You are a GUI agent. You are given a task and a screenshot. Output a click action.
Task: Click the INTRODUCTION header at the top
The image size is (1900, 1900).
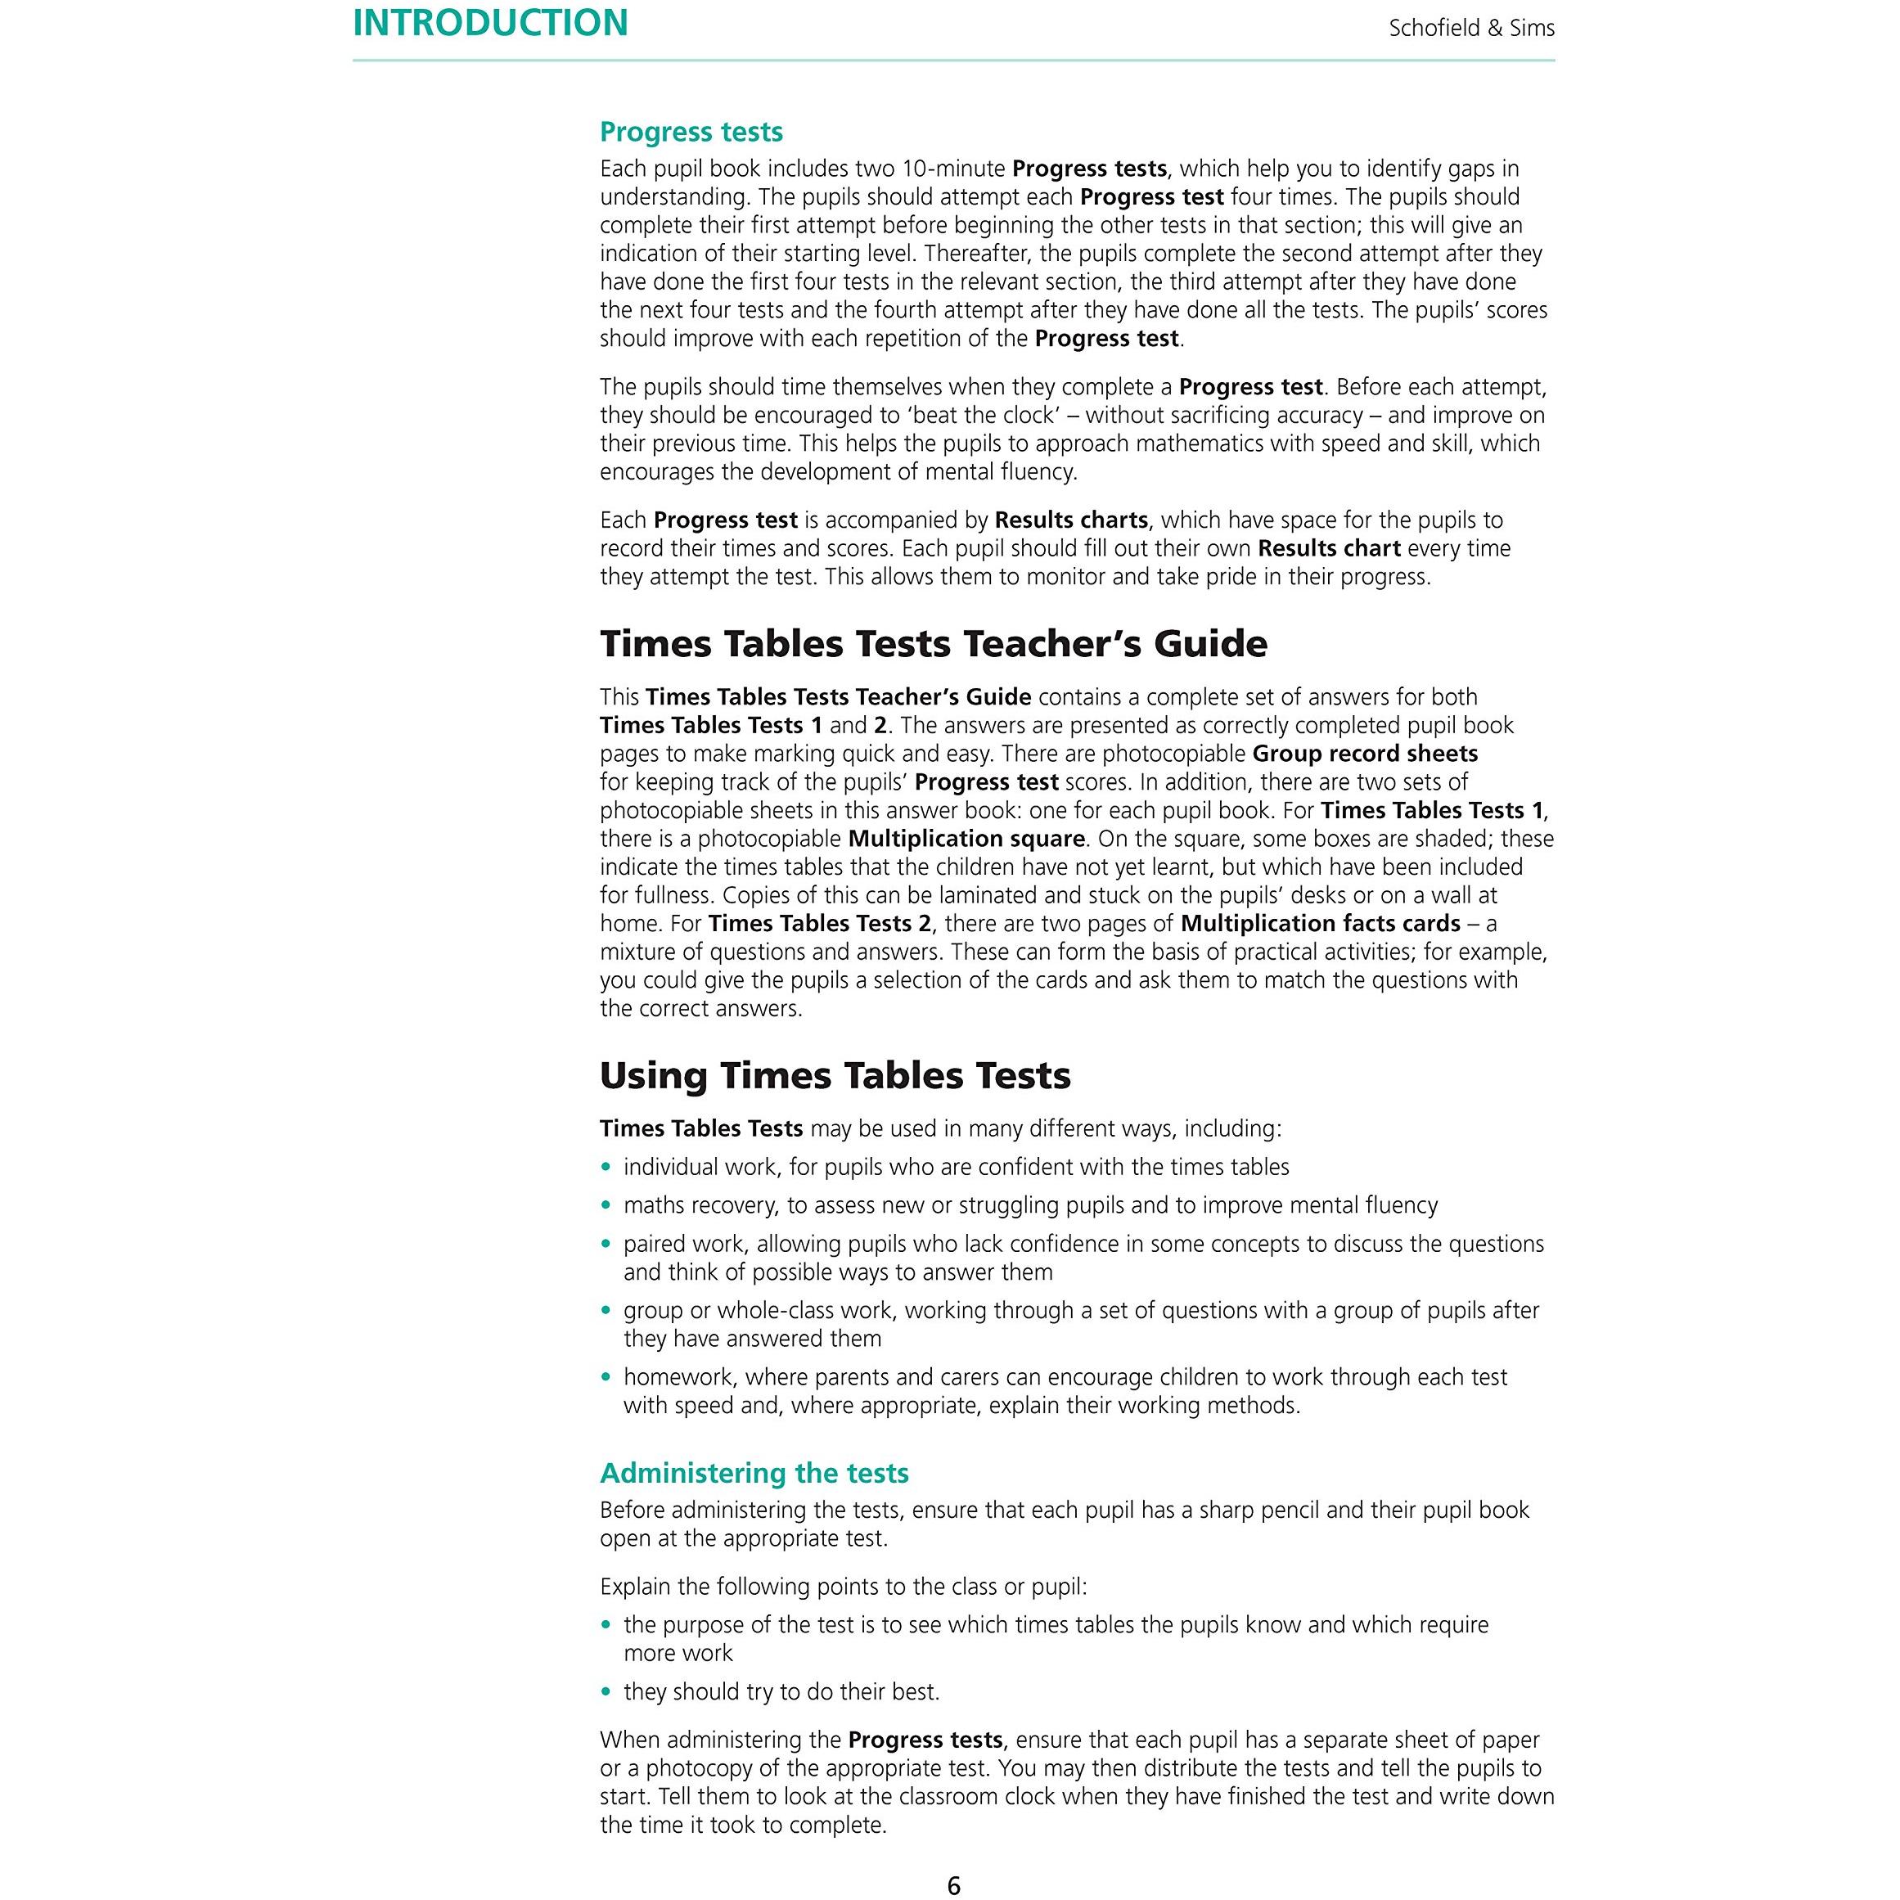(x=490, y=24)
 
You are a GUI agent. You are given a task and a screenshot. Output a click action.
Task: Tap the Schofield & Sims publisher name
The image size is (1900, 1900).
(x=1470, y=29)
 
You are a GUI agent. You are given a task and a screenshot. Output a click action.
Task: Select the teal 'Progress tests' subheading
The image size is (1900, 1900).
(x=691, y=132)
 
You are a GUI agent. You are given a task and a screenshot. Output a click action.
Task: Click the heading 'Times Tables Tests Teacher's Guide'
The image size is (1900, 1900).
(x=934, y=644)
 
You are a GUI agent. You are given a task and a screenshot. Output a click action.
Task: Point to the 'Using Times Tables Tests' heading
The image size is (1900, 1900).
(x=835, y=1076)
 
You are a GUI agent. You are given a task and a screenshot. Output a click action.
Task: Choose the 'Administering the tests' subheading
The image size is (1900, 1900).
(x=754, y=1473)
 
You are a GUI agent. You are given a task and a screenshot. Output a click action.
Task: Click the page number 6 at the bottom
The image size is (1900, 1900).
(x=953, y=1884)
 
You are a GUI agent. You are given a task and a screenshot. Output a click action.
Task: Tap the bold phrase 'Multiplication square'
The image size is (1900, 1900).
(x=966, y=839)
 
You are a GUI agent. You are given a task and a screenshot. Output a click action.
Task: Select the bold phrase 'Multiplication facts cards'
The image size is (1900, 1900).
(x=1320, y=924)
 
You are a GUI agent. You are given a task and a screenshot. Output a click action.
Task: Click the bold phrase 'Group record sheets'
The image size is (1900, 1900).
(x=1365, y=754)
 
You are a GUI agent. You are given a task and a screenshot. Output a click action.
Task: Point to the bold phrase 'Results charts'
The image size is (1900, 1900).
(x=1071, y=520)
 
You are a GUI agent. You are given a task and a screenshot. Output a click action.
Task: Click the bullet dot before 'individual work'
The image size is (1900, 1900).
(x=606, y=1168)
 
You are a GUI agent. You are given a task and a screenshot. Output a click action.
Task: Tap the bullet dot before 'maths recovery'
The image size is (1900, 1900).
(x=606, y=1205)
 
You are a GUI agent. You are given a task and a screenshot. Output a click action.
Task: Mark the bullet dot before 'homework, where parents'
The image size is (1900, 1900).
(x=606, y=1378)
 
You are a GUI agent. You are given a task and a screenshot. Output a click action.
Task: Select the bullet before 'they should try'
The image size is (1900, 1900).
(x=606, y=1692)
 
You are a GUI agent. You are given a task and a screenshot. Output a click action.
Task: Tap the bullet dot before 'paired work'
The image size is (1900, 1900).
(x=606, y=1244)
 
